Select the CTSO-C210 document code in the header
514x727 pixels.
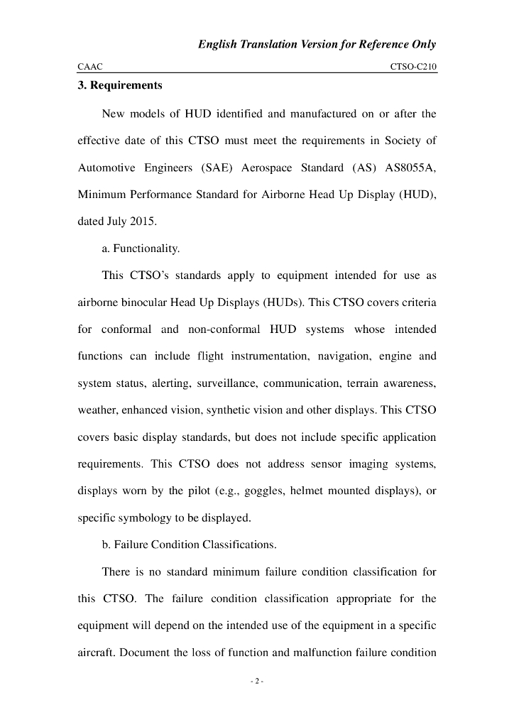(413, 66)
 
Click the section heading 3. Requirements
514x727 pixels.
(119, 86)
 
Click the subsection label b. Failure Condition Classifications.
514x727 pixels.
(189, 545)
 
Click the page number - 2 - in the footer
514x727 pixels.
(257, 682)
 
